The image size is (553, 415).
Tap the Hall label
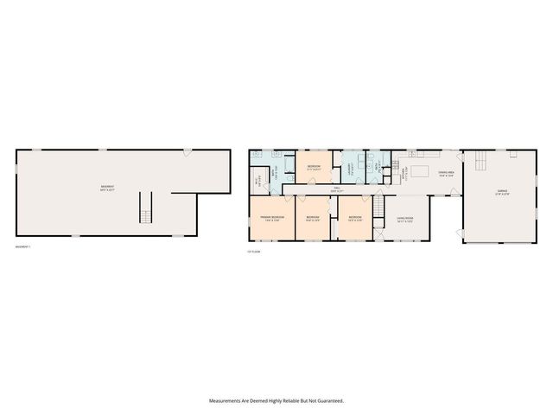coord(335,189)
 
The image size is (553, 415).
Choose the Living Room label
coord(405,219)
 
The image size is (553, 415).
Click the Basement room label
coord(108,188)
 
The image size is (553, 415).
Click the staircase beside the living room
coord(378,207)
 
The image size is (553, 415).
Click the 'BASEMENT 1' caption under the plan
coord(23,248)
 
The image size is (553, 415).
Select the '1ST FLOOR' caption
coord(255,252)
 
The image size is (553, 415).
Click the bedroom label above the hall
coord(315,167)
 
